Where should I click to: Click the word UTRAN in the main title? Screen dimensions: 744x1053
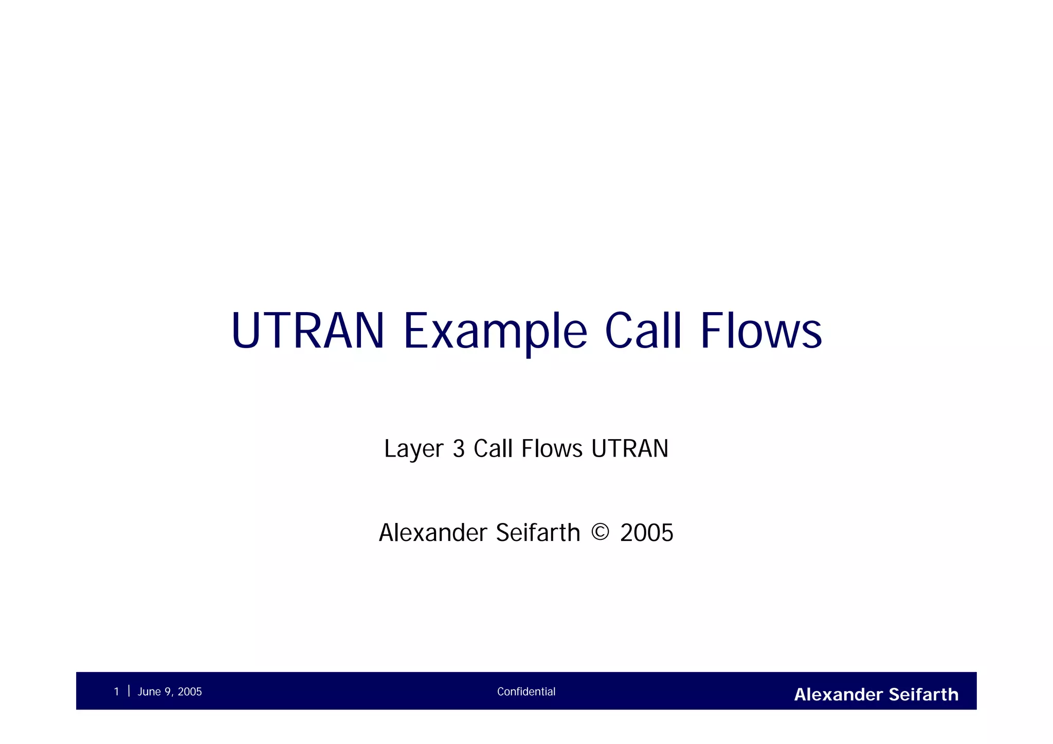[307, 331]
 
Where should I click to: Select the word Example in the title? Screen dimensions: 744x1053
[495, 331]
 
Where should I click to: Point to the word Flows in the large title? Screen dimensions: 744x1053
[761, 331]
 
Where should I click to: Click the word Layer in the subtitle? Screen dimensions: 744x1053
[413, 449]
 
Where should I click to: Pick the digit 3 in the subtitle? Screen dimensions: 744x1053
[459, 449]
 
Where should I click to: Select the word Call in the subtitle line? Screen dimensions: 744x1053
[493, 449]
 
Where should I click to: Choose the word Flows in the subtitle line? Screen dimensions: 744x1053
[552, 449]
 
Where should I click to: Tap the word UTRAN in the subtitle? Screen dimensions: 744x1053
[630, 449]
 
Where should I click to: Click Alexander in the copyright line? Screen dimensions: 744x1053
[433, 533]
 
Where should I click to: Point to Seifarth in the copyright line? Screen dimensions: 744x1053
[538, 533]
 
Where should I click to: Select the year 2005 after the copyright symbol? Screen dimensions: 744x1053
[646, 533]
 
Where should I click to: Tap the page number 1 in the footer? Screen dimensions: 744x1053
[117, 692]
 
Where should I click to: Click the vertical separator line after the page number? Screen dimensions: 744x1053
[129, 691]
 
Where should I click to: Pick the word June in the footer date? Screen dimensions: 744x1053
[149, 692]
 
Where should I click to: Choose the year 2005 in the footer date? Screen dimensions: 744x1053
[190, 692]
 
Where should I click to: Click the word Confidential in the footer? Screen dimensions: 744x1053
[526, 692]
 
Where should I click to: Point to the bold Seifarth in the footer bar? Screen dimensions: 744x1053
[923, 695]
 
